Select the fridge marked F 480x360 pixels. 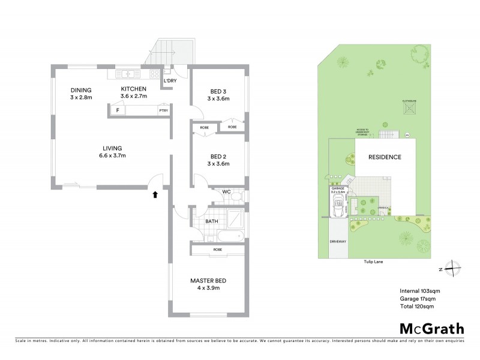tap(118, 110)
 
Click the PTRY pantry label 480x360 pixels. tap(163, 110)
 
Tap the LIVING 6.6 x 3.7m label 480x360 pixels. tap(112, 151)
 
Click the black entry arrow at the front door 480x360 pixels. tap(156, 194)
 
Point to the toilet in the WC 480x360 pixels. tap(236, 196)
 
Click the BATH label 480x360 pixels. tap(212, 221)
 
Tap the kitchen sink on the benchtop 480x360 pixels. tap(128, 74)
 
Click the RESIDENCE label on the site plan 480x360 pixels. tap(385, 157)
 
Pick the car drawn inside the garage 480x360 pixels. tap(338, 210)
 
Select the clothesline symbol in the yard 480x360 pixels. tap(411, 109)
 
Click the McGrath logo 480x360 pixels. tap(431, 328)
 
